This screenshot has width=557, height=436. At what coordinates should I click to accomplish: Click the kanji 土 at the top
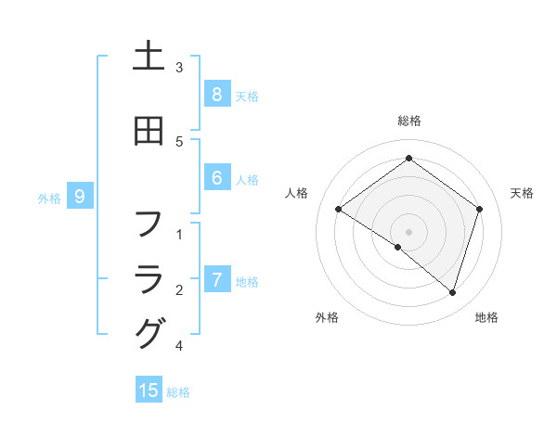[149, 57]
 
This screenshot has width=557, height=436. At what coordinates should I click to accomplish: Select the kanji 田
[149, 132]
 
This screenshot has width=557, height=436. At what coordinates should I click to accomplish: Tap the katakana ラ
[149, 277]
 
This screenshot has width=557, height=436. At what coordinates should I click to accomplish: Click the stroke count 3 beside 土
[179, 68]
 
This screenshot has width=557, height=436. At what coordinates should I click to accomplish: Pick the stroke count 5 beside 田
[179, 141]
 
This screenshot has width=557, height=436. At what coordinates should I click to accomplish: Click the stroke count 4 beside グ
[179, 346]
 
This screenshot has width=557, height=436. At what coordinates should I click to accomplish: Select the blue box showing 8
[216, 95]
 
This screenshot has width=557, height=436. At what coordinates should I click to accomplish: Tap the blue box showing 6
[216, 178]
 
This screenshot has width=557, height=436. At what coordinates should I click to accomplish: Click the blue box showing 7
[216, 280]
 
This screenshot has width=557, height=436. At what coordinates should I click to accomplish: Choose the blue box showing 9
[80, 197]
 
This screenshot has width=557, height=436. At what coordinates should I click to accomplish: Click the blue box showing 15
[149, 391]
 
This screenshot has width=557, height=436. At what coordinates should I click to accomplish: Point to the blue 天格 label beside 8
[247, 96]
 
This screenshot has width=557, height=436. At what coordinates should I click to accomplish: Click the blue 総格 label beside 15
[178, 391]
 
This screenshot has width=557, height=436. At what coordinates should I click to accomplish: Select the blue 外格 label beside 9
[49, 198]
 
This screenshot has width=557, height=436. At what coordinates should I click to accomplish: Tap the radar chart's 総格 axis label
[408, 121]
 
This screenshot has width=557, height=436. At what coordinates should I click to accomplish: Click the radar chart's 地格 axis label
[486, 317]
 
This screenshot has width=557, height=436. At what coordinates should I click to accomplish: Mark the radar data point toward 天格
[479, 209]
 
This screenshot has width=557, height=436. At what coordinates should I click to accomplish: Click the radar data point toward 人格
[338, 209]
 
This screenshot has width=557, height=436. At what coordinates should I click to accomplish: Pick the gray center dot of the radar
[408, 231]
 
